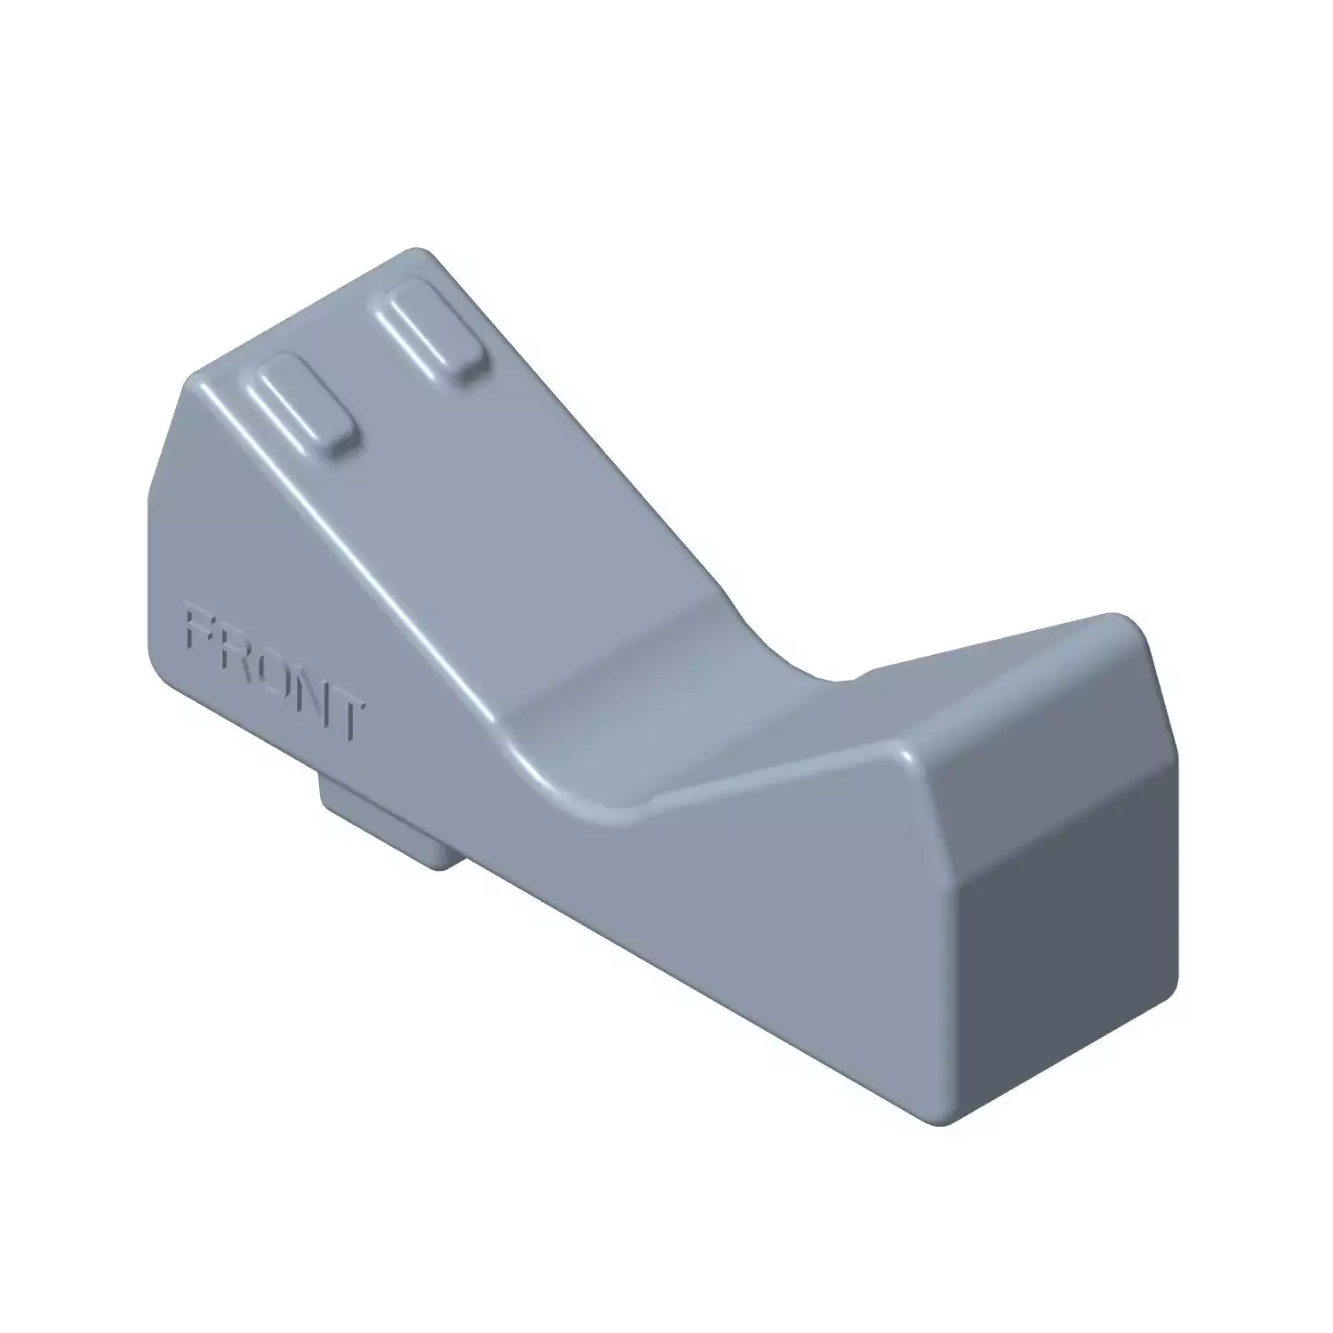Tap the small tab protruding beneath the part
[x=388, y=819]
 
